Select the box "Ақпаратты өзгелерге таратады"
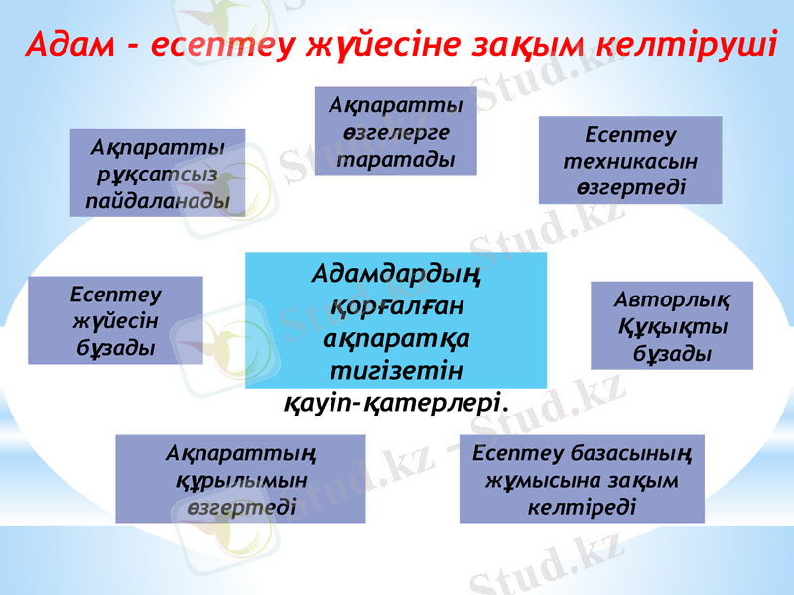[x=396, y=131]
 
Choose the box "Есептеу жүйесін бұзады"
[x=115, y=320]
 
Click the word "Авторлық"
[x=673, y=299]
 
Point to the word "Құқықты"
[x=673, y=326]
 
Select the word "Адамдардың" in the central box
[x=396, y=271]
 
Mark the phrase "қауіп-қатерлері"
[x=396, y=403]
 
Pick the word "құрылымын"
[x=240, y=479]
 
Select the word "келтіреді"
[x=582, y=506]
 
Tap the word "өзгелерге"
[x=396, y=132]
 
